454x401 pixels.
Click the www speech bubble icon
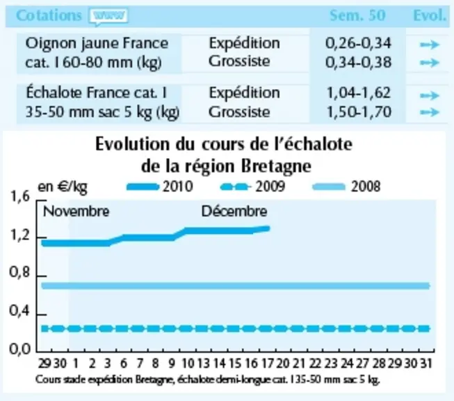tap(108, 16)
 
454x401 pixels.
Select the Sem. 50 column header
tap(357, 15)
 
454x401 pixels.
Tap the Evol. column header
tap(430, 15)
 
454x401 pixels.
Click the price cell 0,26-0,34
tap(358, 43)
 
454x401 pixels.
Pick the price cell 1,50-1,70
tap(359, 112)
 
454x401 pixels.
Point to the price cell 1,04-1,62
tap(359, 93)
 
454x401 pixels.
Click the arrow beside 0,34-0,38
tap(430, 63)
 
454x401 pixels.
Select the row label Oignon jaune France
tap(97, 43)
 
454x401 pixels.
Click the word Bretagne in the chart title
tap(276, 166)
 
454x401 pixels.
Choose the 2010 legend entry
tap(160, 187)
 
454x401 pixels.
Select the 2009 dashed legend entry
tap(252, 187)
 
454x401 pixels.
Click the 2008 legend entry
tap(346, 187)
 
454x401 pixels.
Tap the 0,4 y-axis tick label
tap(19, 310)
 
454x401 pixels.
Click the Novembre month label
tap(76, 212)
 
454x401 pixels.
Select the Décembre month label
tap(234, 212)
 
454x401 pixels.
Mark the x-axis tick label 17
tap(267, 363)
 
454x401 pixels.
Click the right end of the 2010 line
tap(268, 228)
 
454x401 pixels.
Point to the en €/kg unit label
tap(63, 187)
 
